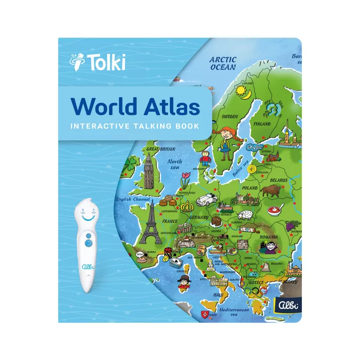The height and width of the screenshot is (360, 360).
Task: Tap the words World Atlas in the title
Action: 136,107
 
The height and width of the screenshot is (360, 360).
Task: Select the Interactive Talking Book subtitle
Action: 134,126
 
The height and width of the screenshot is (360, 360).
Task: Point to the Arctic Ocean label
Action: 223,63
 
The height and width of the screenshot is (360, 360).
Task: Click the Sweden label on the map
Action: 230,116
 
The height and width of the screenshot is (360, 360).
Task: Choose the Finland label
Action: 262,124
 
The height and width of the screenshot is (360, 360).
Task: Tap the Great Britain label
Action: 161,149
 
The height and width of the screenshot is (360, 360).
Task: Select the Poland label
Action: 250,188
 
